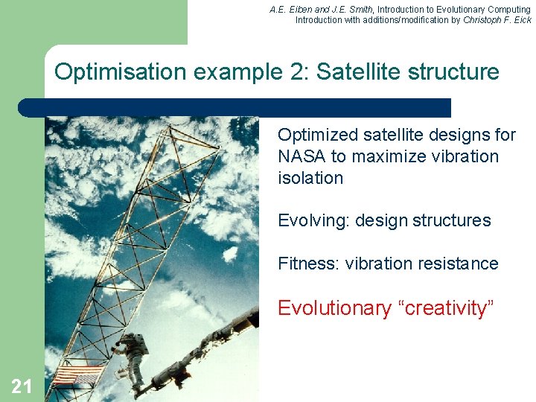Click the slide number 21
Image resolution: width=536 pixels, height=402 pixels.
point(22,386)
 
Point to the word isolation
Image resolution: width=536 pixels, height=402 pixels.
point(310,178)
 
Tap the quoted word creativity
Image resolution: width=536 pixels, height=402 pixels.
point(445,308)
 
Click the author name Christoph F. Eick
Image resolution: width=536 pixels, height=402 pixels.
point(497,20)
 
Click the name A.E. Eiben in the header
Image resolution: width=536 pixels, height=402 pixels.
point(290,9)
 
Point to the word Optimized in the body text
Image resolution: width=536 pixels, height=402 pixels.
point(318,135)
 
